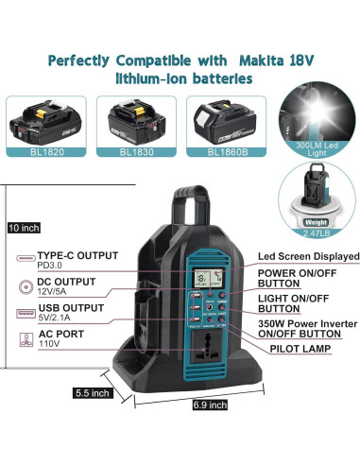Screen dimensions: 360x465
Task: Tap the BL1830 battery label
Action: click(x=137, y=150)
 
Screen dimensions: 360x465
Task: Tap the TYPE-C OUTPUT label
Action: click(x=77, y=256)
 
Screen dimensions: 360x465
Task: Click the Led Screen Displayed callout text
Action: click(x=308, y=256)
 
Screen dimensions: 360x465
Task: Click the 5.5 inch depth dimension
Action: click(x=93, y=392)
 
